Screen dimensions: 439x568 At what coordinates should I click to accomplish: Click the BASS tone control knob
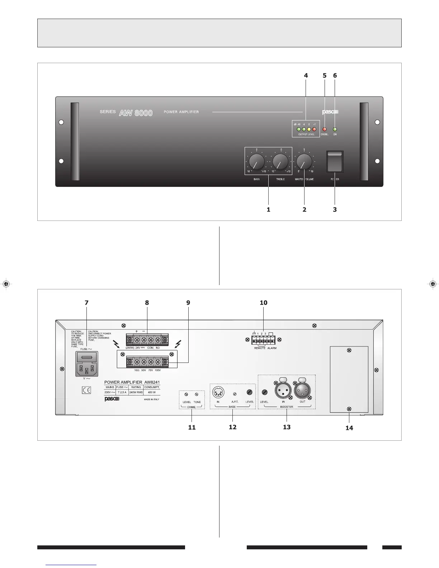(257, 162)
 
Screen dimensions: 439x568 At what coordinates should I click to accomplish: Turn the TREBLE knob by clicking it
(280, 162)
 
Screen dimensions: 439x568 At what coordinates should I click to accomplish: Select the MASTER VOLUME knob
(304, 162)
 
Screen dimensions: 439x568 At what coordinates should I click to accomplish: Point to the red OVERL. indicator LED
(325, 129)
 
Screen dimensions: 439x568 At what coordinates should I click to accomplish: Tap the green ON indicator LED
(335, 129)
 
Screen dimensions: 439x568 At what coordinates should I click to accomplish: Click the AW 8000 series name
(136, 113)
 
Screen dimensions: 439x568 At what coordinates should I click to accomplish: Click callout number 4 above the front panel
(306, 76)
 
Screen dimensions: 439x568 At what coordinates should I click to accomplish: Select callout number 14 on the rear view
(349, 428)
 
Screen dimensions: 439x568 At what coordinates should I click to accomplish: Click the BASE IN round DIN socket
(218, 392)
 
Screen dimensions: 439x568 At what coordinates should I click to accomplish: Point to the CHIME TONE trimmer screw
(197, 394)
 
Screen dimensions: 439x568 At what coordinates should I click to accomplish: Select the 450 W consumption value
(152, 392)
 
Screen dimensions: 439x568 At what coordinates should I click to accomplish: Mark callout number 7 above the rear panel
(86, 303)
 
